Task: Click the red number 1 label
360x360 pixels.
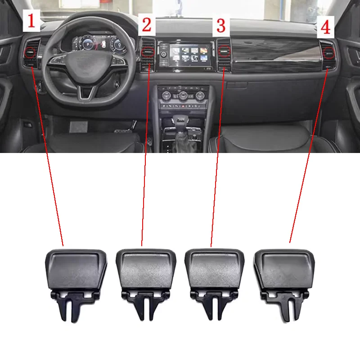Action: click(31, 21)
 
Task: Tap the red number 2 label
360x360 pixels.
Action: click(147, 24)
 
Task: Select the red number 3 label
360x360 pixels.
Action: click(221, 25)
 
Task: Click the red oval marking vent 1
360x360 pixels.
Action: click(31, 54)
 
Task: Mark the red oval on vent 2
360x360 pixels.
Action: click(147, 54)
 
